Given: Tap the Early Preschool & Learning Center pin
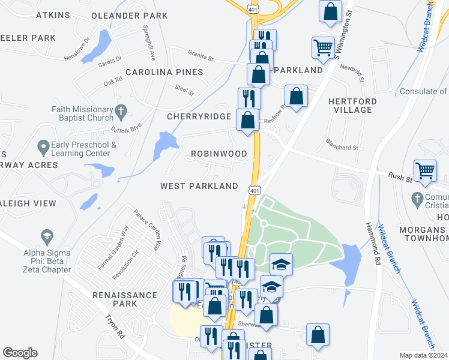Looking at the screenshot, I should click(x=43, y=146).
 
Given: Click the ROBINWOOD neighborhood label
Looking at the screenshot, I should click(x=219, y=154).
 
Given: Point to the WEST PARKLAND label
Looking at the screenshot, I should click(x=199, y=186).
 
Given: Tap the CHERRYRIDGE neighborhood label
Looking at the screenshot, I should click(x=199, y=116).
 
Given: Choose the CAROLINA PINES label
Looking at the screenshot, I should click(x=164, y=72).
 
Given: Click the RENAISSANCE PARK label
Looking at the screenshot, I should click(x=124, y=299).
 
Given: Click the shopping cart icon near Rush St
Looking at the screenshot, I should click(x=425, y=170).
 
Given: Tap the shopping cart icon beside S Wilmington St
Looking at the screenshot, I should click(x=323, y=47).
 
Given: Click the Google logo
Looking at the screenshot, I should click(x=20, y=353).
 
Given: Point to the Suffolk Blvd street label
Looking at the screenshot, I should click(x=125, y=128).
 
